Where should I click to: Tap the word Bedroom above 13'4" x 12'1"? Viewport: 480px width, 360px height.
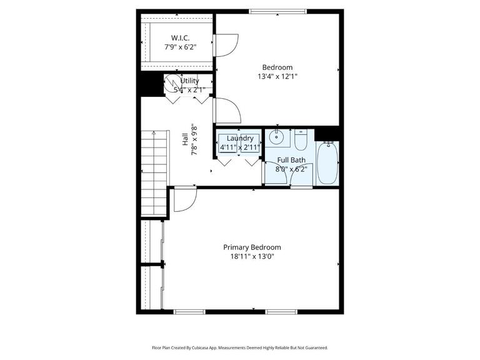tap(277, 67)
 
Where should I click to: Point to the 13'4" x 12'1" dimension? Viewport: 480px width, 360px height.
tap(277, 76)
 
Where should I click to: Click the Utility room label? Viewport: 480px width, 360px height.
tap(189, 81)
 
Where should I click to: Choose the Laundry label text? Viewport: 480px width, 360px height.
tap(240, 138)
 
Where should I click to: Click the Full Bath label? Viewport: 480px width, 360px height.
tap(291, 160)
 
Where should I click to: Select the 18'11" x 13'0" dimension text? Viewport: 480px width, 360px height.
tap(252, 256)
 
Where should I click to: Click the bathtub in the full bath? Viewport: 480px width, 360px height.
tap(327, 163)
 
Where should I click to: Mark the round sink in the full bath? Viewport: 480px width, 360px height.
tap(276, 137)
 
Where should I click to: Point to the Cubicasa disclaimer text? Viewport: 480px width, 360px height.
tap(239, 347)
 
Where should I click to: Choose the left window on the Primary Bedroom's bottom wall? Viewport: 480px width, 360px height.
tap(189, 311)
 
